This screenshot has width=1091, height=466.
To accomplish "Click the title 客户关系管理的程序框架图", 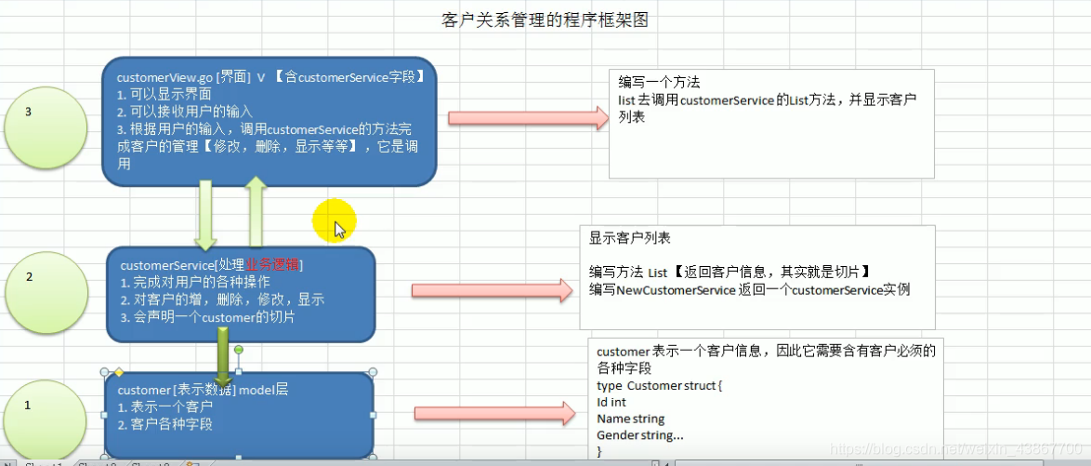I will (x=545, y=20).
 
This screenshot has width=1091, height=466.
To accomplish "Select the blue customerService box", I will (x=241, y=293).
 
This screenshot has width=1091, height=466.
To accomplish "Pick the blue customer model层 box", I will (x=239, y=415).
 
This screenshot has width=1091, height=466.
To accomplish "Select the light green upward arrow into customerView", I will (x=256, y=212).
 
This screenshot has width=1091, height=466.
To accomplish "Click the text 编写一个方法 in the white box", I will (x=659, y=83).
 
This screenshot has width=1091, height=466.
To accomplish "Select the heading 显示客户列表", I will (x=629, y=238).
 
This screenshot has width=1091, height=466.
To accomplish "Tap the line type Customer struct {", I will (x=659, y=385).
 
